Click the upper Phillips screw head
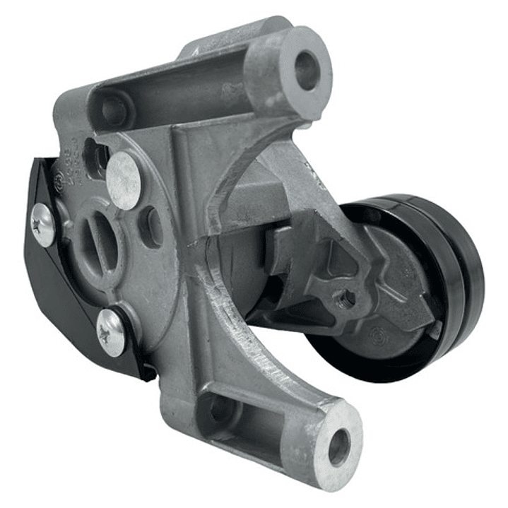[x=43, y=225]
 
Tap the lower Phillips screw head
[x=111, y=331]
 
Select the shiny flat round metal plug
[x=124, y=180]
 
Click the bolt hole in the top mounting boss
[x=307, y=70]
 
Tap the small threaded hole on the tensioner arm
[x=345, y=298]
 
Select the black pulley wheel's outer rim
[x=463, y=283]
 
